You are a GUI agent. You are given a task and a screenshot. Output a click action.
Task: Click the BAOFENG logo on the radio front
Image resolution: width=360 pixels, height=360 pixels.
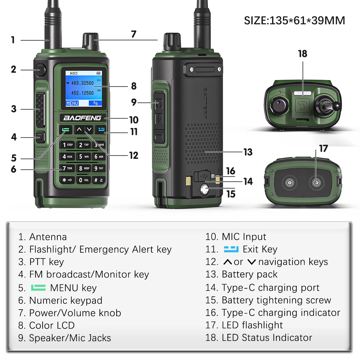coord(82,118)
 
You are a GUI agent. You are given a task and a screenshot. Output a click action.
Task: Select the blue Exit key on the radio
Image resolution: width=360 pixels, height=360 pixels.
coord(100,130)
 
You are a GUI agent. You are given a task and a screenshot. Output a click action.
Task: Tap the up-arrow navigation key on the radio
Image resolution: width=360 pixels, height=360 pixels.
coord(79,130)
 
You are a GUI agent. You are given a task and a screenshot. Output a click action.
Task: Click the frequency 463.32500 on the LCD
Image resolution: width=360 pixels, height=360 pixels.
coord(82,83)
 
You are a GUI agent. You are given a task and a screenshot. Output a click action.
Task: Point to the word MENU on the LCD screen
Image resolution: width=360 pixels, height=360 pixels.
coord(72,103)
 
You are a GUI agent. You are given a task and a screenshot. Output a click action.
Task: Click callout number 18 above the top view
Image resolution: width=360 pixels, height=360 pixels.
coord(302,54)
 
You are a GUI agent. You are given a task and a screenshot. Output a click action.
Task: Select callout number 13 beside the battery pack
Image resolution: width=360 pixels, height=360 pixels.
coord(248,152)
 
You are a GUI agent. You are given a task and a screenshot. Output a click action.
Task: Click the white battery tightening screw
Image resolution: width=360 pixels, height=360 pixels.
coord(205,189)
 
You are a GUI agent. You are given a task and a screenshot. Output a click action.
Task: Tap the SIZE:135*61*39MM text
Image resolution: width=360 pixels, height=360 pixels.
coord(294,21)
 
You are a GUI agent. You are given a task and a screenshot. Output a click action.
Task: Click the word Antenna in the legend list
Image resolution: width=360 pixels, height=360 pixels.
coord(48,237)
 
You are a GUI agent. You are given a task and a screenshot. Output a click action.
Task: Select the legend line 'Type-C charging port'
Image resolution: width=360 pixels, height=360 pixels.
coord(270,288)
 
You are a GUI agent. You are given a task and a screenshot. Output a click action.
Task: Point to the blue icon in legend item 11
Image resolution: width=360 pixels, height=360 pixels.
coord(231,249)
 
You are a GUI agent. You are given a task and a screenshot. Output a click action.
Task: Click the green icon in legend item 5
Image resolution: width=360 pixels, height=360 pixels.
coord(38,288)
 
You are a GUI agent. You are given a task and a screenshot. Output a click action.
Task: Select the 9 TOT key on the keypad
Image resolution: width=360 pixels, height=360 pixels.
coord(99,168)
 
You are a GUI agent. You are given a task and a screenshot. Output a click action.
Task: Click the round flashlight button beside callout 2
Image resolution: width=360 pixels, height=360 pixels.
coord(41,70)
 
